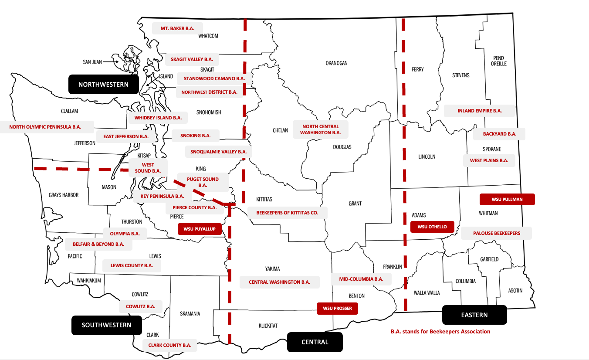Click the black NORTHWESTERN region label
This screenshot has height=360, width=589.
tap(103, 85)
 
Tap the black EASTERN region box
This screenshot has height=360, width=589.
tap(474, 315)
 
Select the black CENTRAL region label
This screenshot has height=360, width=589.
tap(315, 342)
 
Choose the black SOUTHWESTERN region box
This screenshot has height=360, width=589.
tap(106, 325)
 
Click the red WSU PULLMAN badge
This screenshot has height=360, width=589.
tap(507, 199)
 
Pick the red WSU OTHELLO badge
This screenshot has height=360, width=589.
tap(432, 227)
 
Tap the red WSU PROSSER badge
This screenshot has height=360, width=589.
tap(337, 308)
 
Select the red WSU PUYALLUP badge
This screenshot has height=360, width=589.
tap(200, 229)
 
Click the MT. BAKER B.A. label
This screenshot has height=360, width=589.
tap(177, 28)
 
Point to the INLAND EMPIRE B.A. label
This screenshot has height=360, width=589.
tap(480, 111)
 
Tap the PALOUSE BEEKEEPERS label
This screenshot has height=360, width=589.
tap(497, 233)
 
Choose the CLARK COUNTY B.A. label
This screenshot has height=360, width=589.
tap(170, 345)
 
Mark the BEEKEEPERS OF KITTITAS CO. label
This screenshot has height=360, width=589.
tap(287, 213)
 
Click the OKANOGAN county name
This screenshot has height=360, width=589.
tap(336, 63)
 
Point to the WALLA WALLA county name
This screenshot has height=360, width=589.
tap(427, 293)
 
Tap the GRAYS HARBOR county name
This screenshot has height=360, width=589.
tap(64, 195)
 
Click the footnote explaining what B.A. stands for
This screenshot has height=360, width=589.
tap(440, 331)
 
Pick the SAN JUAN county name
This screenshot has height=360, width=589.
tap(92, 62)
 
